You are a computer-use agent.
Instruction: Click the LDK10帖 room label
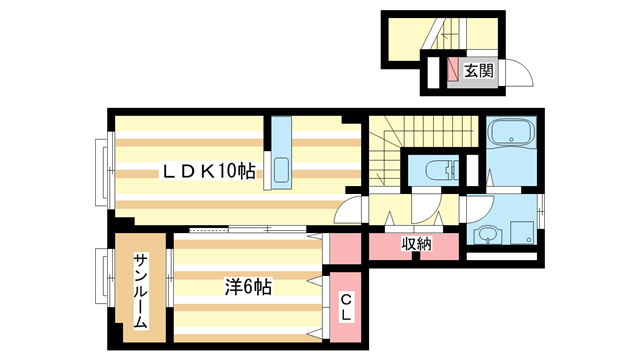209,172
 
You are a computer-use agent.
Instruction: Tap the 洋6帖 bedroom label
247,287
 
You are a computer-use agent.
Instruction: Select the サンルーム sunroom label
140,290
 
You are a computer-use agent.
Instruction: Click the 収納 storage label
417,243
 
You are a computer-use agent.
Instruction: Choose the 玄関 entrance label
478,71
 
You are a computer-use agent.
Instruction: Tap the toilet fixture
438,169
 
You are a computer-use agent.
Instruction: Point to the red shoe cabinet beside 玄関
453,71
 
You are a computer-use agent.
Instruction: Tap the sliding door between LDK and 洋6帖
265,231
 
